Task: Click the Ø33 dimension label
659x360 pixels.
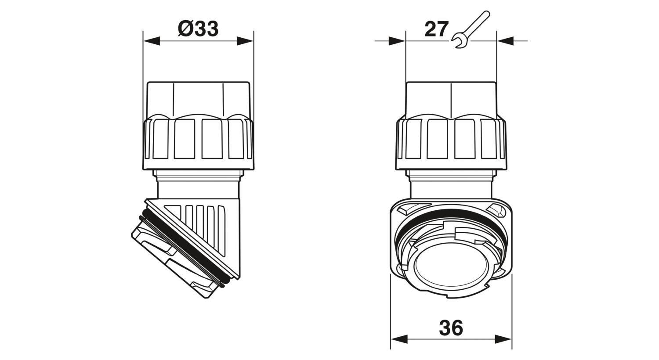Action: point(198,29)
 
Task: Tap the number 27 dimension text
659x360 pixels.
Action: point(436,29)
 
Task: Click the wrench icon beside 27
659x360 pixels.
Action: point(470,29)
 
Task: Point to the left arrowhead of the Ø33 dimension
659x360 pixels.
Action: point(151,41)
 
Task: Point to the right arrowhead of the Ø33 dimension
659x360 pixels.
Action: point(245,41)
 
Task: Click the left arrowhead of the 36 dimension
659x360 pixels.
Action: point(399,339)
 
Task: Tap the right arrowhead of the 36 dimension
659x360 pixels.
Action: point(503,339)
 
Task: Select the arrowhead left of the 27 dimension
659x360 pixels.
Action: point(397,41)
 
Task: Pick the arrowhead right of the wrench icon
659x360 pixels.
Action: point(505,41)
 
